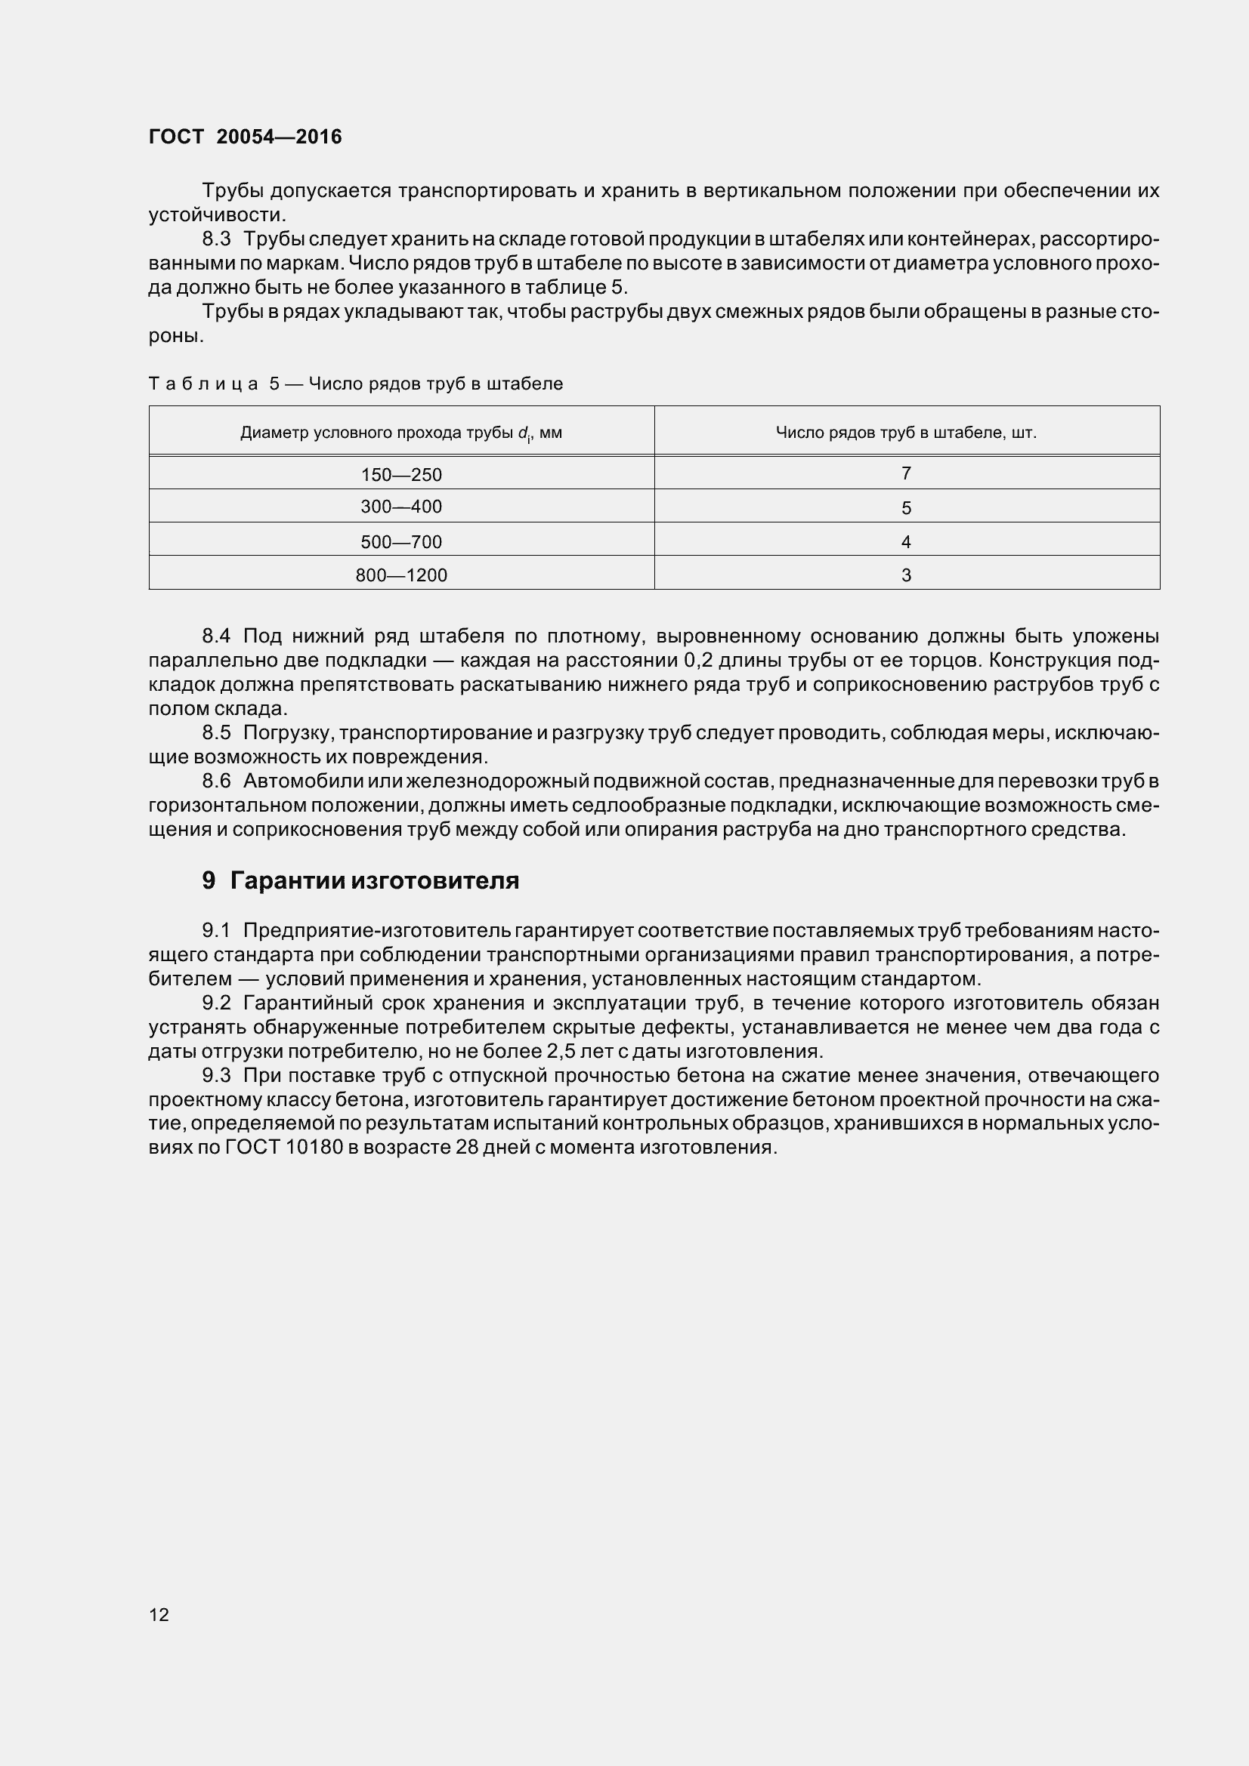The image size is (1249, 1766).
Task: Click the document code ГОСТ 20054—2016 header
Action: point(245,137)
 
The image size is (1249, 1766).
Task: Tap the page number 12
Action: point(159,1614)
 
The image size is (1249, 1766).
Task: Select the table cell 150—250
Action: point(401,475)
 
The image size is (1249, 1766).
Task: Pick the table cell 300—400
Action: point(401,507)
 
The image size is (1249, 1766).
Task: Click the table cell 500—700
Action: point(401,541)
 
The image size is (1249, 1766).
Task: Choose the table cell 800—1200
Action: point(401,575)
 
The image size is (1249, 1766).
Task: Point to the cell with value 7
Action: point(906,474)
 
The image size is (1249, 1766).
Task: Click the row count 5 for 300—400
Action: point(906,507)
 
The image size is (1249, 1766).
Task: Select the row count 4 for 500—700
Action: point(906,541)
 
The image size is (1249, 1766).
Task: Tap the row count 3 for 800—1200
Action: point(906,575)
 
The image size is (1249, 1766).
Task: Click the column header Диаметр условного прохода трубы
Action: point(401,433)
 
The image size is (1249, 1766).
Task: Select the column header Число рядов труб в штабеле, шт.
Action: point(906,433)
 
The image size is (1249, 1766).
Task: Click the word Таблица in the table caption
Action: point(203,384)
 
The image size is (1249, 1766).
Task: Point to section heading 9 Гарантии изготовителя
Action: point(360,880)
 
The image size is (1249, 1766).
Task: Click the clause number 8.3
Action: point(216,239)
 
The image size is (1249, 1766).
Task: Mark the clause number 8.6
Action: point(216,781)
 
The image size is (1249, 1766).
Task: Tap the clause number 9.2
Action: point(216,1003)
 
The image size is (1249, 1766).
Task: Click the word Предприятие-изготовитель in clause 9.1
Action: point(376,931)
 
